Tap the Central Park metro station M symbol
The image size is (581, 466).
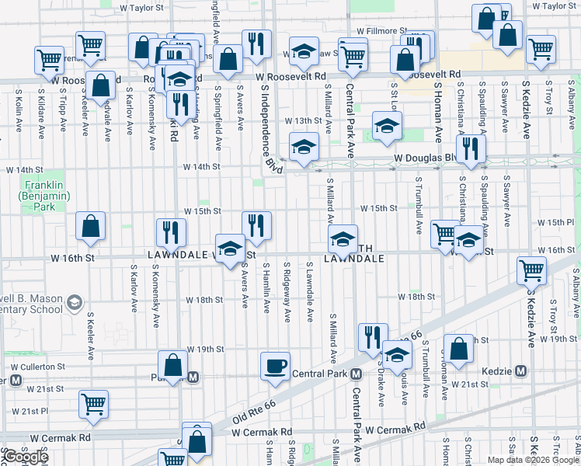[356, 374]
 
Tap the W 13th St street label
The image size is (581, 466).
[302, 121]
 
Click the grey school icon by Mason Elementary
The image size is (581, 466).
[75, 302]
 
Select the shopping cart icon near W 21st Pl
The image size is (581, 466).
[93, 403]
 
